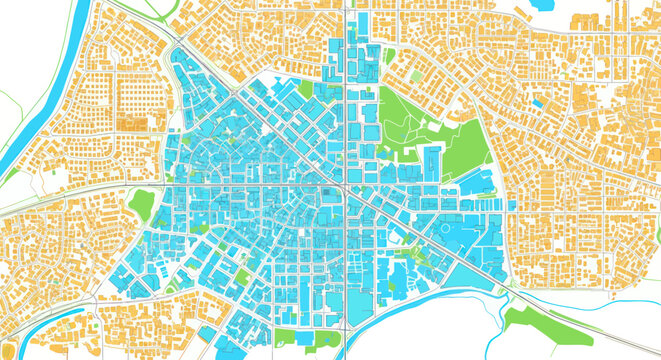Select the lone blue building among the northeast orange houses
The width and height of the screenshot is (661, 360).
539,102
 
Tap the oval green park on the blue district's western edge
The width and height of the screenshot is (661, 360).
142,204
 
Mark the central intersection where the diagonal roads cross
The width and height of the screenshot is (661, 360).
344,187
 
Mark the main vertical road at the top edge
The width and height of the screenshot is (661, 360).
346,8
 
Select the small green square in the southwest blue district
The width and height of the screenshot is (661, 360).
241,274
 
